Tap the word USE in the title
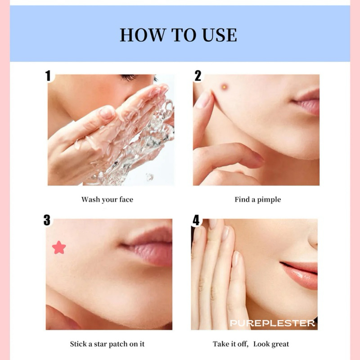pos(219,35)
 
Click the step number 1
pos(48,76)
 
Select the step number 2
pos(198,76)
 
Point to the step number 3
pos(47,220)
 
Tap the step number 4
pos(196,220)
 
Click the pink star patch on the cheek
pos(59,247)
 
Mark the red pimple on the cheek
pos(224,87)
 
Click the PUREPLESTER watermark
pos(272,323)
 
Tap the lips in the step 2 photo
pos(306,102)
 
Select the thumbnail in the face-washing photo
pos(107,113)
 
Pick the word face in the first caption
pos(126,199)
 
